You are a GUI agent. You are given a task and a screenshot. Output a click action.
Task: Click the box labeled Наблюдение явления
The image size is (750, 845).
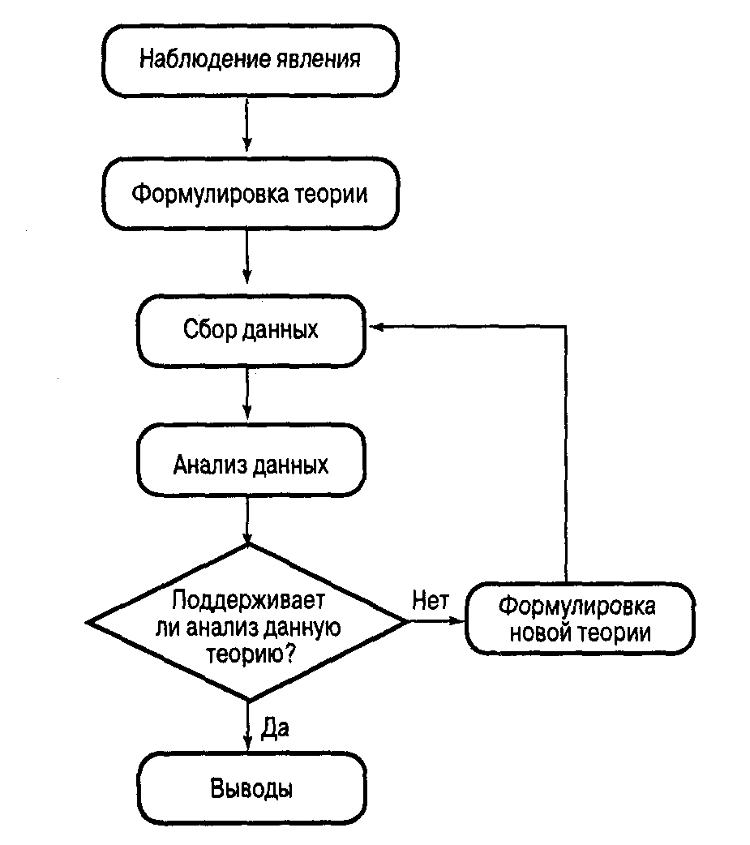[249, 60]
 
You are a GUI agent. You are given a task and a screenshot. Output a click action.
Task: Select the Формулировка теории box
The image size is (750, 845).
[249, 195]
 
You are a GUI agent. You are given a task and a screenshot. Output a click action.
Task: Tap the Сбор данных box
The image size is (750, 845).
[251, 330]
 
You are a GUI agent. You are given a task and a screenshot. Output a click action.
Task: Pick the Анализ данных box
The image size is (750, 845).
[251, 465]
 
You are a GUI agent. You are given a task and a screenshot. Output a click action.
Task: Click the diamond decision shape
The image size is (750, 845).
[248, 622]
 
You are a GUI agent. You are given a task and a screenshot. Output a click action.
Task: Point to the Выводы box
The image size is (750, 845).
[251, 788]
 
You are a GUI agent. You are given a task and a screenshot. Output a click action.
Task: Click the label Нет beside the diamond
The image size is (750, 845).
[430, 601]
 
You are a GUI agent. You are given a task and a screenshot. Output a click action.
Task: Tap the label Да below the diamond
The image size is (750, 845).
[276, 727]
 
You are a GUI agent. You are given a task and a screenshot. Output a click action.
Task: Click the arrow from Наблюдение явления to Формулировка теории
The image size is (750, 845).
[248, 127]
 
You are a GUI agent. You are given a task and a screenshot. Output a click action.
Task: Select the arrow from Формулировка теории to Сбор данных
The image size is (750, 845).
[248, 260]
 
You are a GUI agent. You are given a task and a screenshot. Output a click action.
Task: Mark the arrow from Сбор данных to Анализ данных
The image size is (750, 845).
[248, 395]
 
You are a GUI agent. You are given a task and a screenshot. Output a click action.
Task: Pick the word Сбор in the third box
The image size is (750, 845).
[210, 330]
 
